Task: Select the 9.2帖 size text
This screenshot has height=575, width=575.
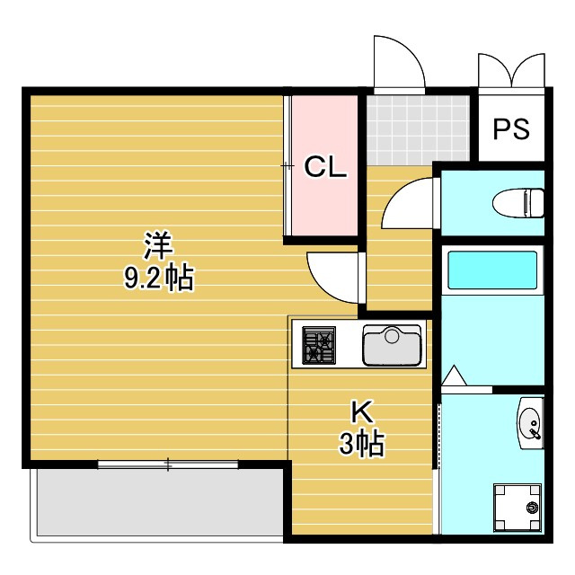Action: (x=158, y=279)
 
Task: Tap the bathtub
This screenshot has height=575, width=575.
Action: (x=492, y=270)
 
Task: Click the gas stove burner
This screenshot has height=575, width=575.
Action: (x=317, y=345)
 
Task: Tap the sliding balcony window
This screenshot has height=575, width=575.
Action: (x=168, y=464)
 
